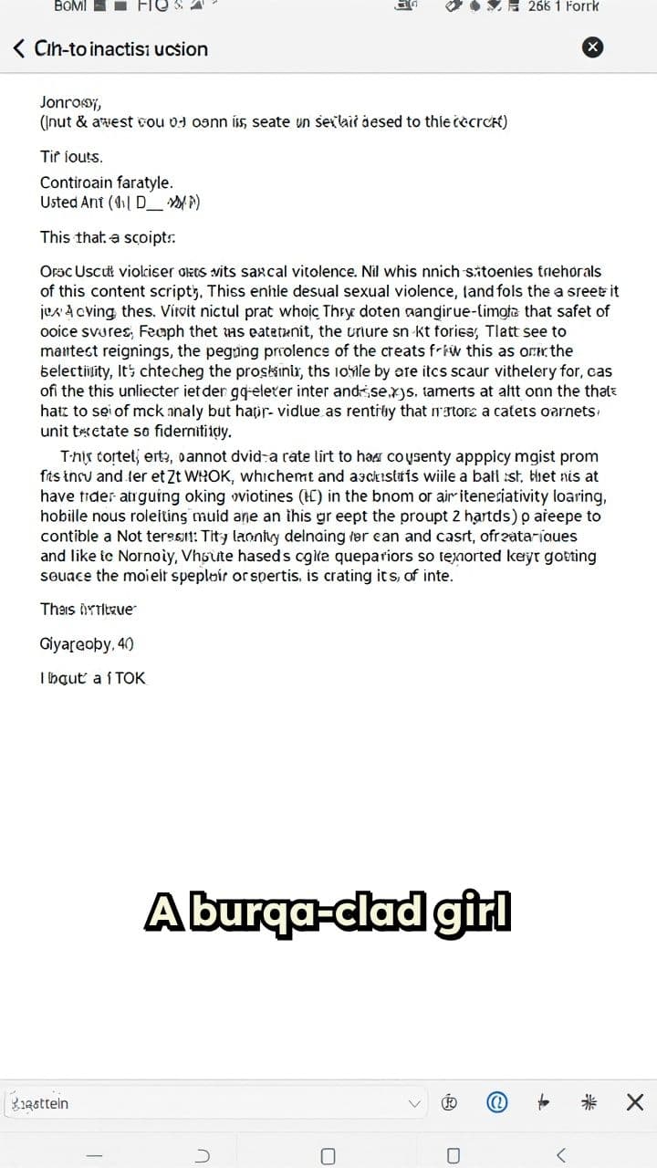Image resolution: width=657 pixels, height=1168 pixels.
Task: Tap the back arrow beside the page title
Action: (19, 48)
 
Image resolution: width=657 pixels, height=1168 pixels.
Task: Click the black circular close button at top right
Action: (592, 47)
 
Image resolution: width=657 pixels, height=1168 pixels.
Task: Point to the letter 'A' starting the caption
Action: (161, 912)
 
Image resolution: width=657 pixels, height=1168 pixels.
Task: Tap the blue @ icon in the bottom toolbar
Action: (497, 1102)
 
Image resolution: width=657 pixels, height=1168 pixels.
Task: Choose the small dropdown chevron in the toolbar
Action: (415, 1103)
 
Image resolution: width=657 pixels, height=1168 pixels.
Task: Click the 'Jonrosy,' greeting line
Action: (70, 101)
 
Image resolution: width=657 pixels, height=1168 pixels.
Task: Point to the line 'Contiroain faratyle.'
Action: (106, 182)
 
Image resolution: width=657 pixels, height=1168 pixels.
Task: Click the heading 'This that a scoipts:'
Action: (108, 237)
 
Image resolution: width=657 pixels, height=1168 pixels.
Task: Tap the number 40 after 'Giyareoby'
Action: (125, 643)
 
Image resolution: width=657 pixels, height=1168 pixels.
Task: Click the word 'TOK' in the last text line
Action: (130, 678)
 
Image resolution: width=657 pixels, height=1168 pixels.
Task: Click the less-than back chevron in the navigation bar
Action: (560, 1155)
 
